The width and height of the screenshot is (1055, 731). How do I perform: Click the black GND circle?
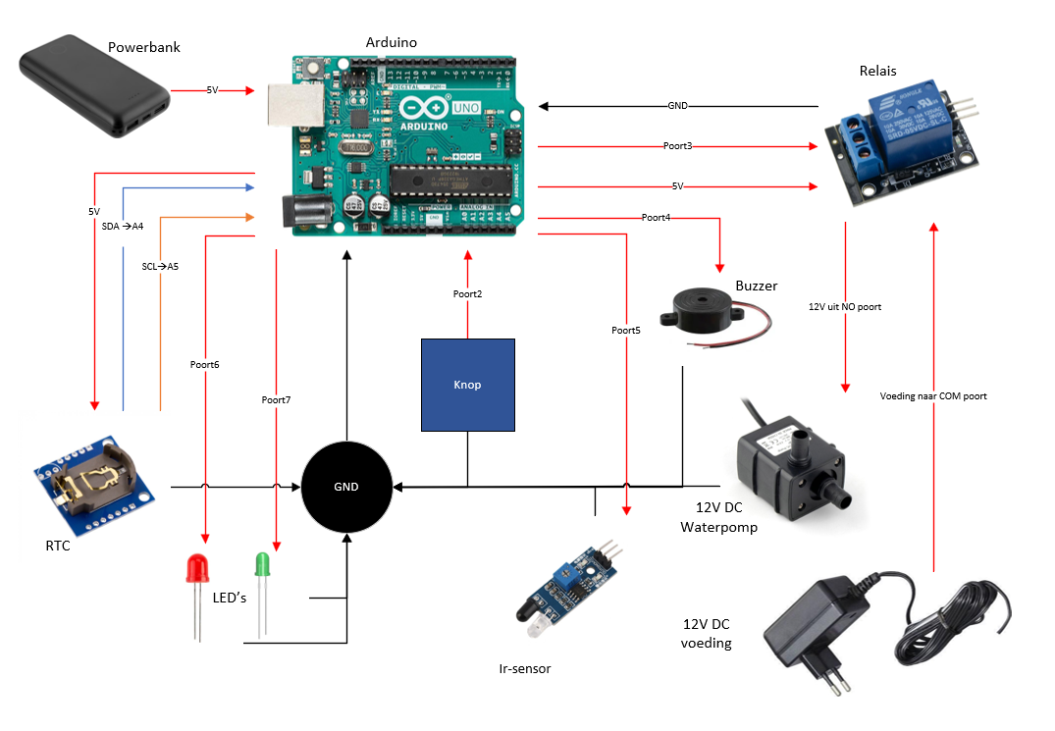(346, 487)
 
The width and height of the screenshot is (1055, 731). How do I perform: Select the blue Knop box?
(468, 385)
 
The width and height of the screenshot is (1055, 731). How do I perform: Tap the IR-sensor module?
(564, 588)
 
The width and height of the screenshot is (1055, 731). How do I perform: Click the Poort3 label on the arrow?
(677, 146)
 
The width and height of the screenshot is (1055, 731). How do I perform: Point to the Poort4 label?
(656, 218)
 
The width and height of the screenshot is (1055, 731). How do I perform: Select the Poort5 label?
(626, 331)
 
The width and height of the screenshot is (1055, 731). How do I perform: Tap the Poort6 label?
(205, 365)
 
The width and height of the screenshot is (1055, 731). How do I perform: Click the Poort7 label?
(277, 400)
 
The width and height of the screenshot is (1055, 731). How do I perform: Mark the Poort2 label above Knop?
(468, 294)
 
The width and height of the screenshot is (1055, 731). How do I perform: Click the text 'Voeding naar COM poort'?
(933, 396)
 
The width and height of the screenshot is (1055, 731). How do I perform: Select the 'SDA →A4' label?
(123, 227)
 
